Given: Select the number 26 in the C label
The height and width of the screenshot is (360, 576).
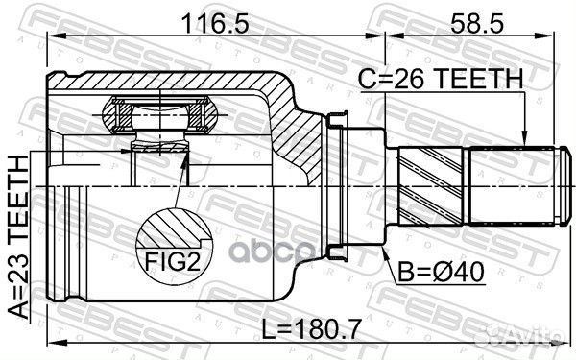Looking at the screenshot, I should (423, 80).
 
